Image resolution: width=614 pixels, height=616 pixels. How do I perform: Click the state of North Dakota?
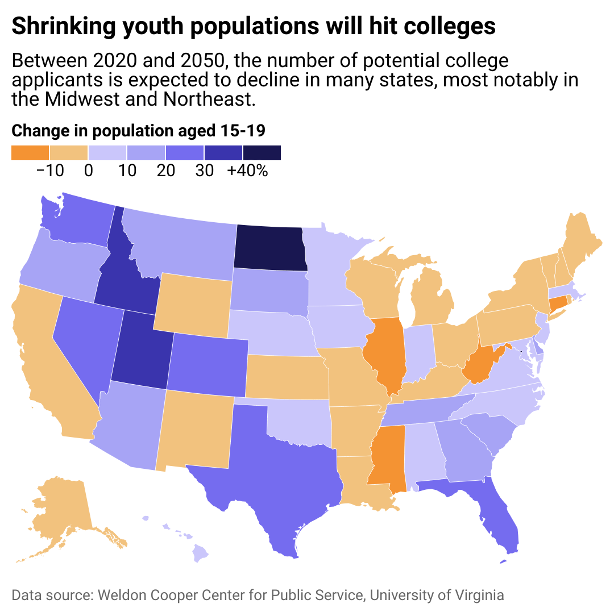269,248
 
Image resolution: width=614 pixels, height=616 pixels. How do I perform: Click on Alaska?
63,511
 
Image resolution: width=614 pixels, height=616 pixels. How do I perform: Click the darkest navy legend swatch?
262,153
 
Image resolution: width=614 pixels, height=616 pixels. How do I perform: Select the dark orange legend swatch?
30,153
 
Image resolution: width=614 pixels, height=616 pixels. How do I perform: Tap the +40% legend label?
248,170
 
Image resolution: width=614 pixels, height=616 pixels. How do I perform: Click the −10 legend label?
49,170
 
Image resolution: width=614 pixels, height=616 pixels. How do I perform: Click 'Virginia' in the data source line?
479,596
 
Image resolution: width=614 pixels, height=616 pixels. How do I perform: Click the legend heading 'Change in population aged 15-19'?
139,131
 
